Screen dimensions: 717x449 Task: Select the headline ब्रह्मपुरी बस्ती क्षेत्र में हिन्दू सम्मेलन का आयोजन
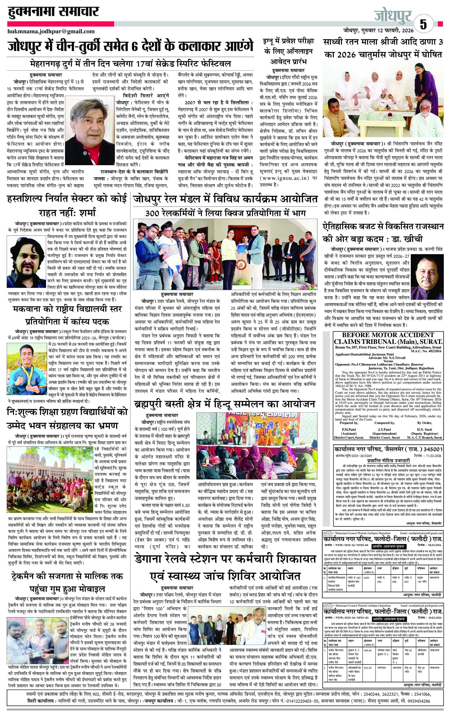coord(224,404)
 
